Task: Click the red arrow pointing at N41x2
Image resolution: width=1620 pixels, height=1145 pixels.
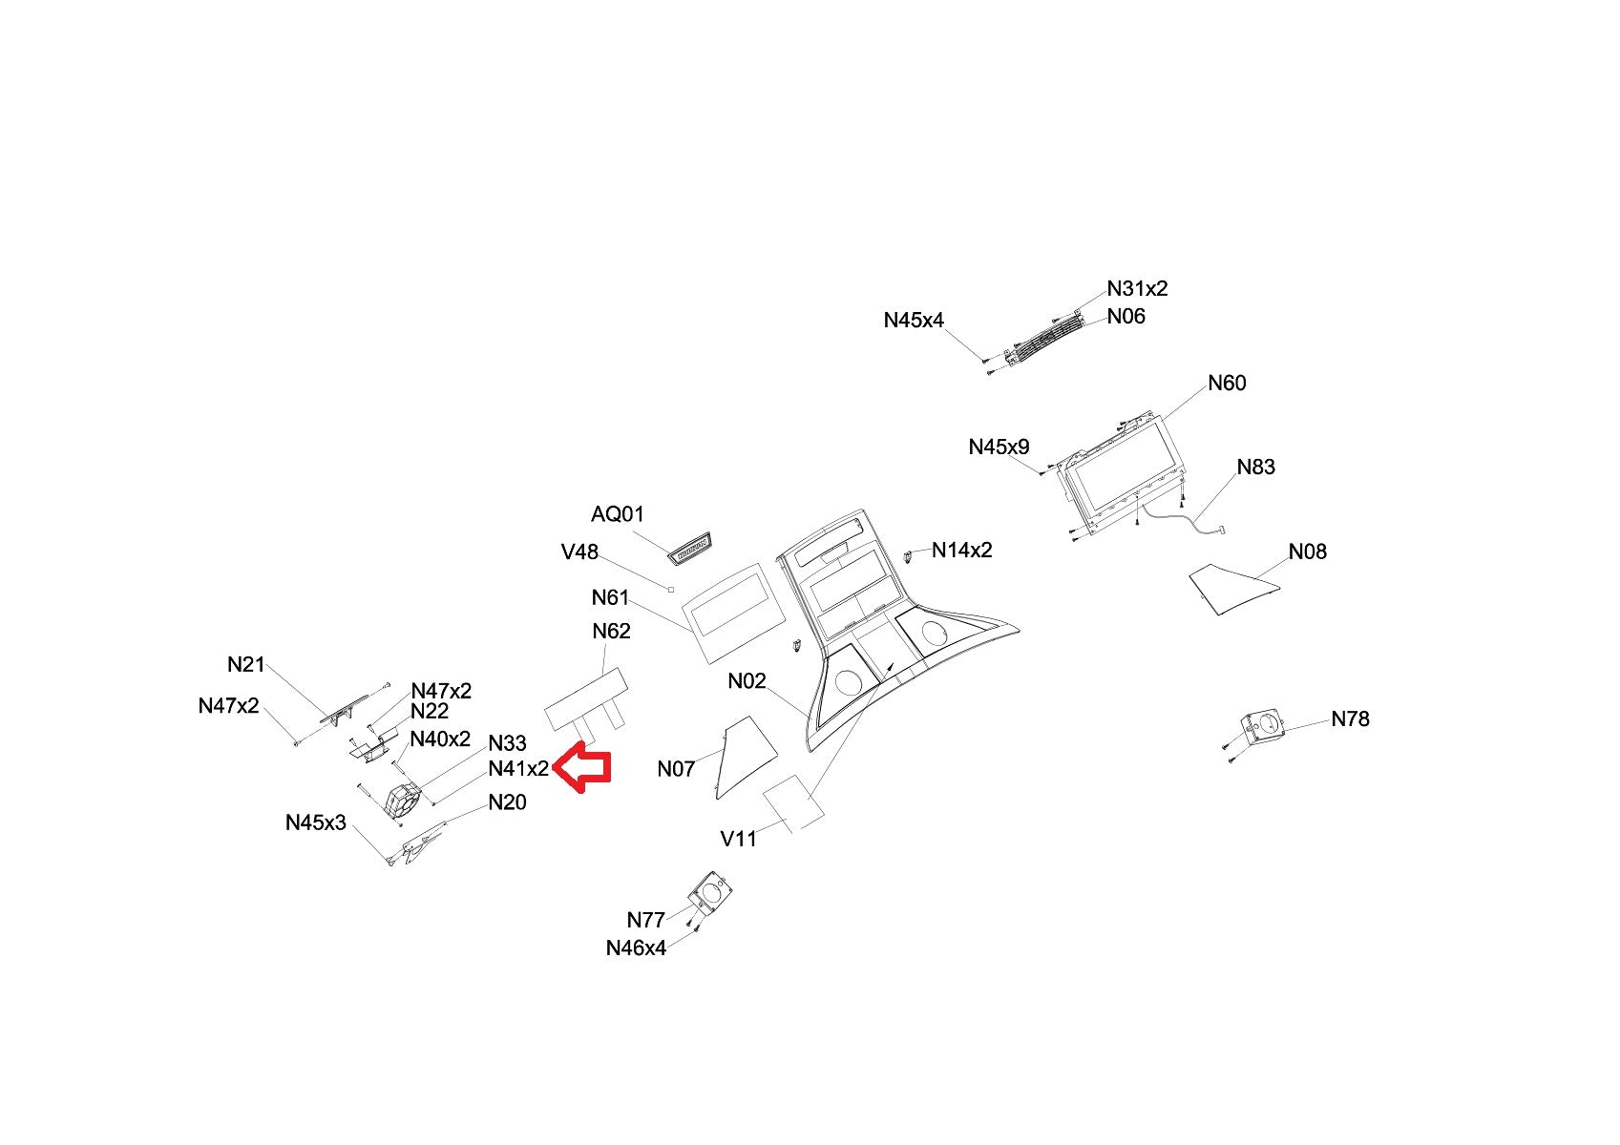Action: tap(583, 767)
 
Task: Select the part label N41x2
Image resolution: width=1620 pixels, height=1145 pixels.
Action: tap(518, 769)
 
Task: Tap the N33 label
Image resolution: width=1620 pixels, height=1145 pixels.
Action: tap(507, 743)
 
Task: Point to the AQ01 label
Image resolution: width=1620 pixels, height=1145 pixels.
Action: tap(618, 514)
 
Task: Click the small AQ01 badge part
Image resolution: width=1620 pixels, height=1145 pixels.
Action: tap(688, 549)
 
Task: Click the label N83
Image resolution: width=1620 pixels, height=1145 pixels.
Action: tap(1255, 467)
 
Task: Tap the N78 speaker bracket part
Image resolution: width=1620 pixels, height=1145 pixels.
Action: tap(1263, 728)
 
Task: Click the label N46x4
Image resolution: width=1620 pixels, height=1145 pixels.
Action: tap(636, 948)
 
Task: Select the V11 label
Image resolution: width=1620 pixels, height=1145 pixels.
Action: tap(738, 839)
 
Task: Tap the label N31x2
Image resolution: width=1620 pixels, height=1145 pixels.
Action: tap(1137, 288)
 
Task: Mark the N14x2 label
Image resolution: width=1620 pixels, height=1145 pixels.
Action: tap(961, 551)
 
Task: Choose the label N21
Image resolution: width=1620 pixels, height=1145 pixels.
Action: tap(245, 665)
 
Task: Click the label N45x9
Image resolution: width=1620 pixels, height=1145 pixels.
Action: tap(999, 447)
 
